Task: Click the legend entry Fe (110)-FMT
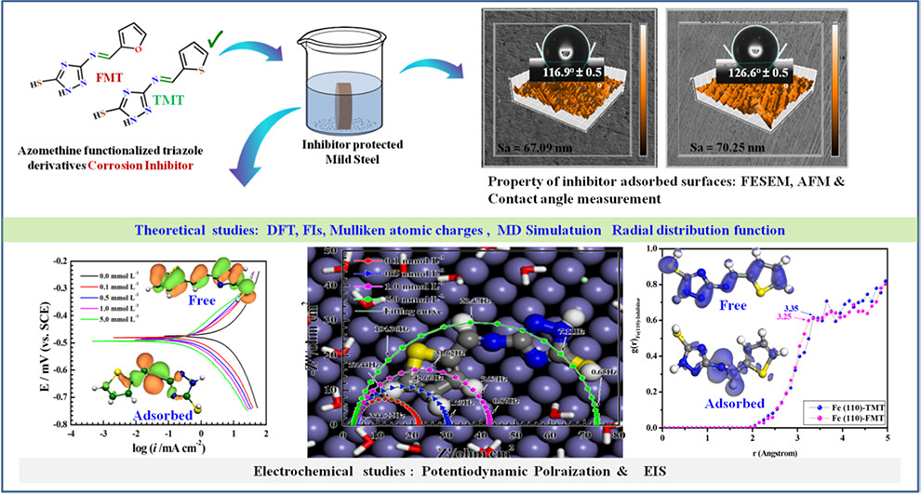pos(855,421)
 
